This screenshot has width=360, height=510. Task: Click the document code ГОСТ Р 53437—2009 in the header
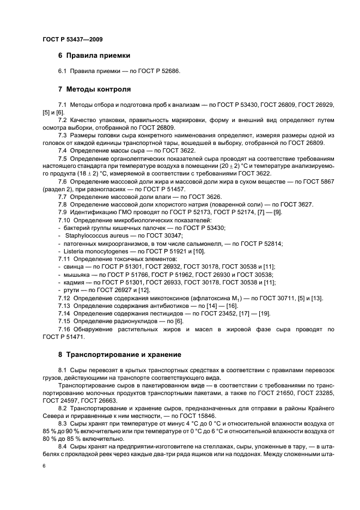click(x=72, y=39)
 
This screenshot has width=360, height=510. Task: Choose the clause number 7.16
click(x=64, y=330)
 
